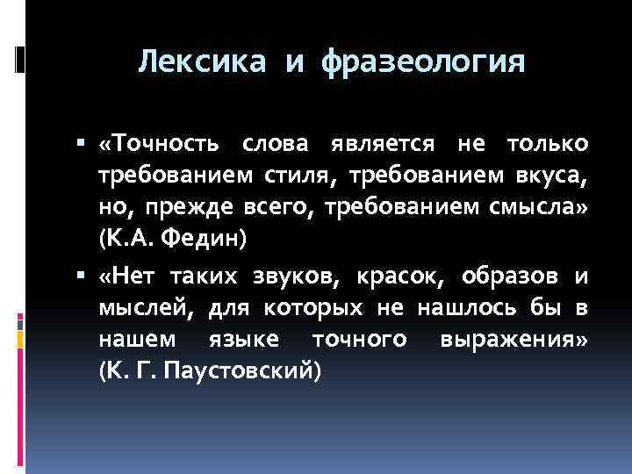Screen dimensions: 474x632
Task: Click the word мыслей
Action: pyautogui.click(x=145, y=308)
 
